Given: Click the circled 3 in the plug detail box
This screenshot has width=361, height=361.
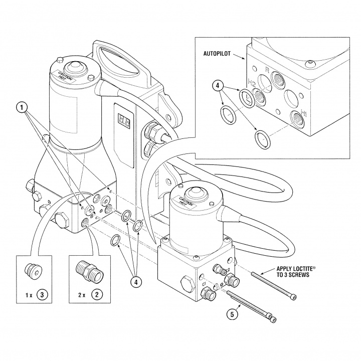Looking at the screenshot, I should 44,294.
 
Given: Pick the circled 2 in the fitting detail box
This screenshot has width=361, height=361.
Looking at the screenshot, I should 94,294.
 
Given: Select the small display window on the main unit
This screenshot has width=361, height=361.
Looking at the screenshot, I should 124,120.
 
